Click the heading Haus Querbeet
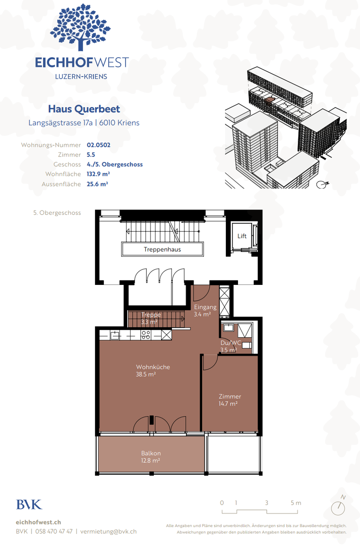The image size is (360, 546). coord(84,109)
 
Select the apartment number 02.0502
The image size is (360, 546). coord(99,145)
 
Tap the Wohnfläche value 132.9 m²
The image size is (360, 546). coord(99,174)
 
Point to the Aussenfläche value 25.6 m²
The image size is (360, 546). coord(98,184)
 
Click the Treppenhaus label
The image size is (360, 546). coord(162,249)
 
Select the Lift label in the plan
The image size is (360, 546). coord(242,236)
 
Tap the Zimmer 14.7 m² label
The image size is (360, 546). coord(230,400)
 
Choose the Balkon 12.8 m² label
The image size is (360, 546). coord(151,457)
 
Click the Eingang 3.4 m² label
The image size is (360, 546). coord(205,311)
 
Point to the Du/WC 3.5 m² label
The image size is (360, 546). coord(230,346)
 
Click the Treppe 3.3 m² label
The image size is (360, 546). coord(151,318)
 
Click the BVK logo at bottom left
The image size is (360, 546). coord(29,505)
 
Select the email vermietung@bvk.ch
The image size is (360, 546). coord(108,531)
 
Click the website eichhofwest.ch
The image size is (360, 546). coord(38,522)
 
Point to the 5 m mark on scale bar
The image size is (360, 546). coord(296,503)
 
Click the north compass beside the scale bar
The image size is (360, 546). coord(338,507)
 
